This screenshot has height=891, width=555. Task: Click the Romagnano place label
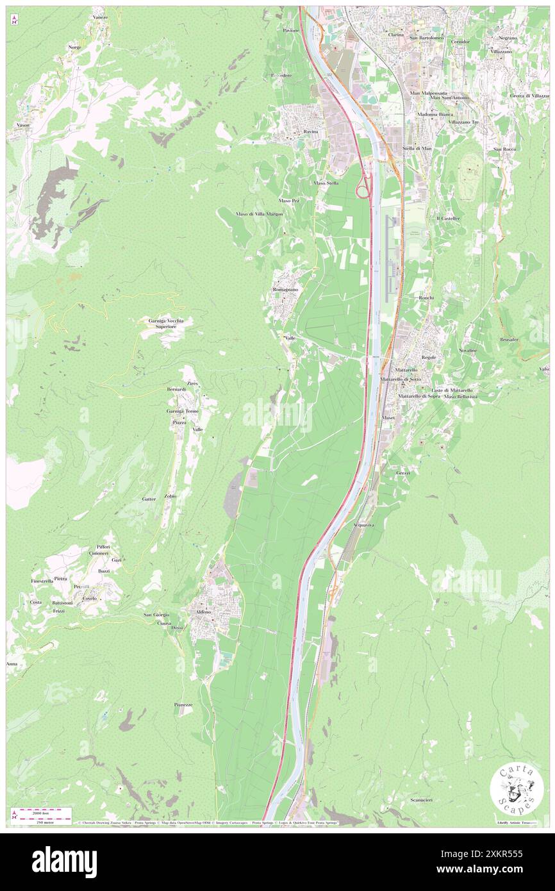pos(285,290)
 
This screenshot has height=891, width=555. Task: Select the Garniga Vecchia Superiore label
pos(165,323)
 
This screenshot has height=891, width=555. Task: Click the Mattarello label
pos(406,371)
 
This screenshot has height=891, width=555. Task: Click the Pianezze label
pos(183,704)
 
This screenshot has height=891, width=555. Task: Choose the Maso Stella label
pos(326,183)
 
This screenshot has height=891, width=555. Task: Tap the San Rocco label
pos(504,149)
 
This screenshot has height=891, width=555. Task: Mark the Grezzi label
pos(403,472)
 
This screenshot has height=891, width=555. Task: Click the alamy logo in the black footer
pos(64,861)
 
